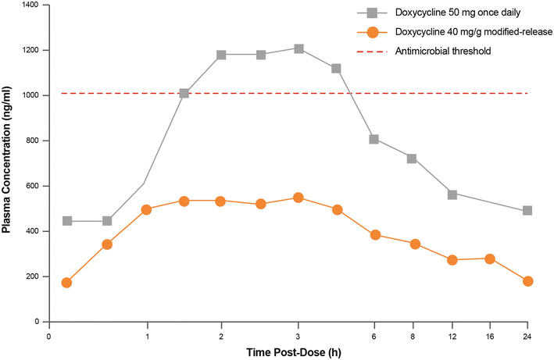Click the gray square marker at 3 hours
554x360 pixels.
(x=298, y=48)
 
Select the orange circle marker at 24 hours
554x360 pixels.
(x=527, y=281)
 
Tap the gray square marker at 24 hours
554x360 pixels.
(x=527, y=211)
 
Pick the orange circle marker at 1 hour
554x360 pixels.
(x=146, y=209)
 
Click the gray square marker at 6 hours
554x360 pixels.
(x=374, y=140)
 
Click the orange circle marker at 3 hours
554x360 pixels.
(x=298, y=198)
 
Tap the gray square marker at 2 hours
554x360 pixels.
(x=221, y=55)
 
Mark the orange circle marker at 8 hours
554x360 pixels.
(x=414, y=244)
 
